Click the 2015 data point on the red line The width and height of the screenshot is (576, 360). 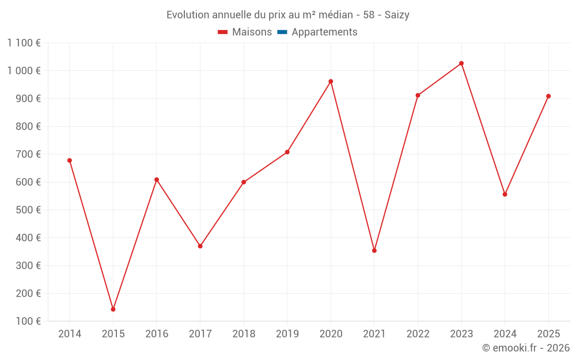[x=113, y=309]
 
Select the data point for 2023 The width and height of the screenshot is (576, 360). [x=461, y=63]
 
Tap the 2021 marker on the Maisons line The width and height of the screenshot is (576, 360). [x=374, y=251]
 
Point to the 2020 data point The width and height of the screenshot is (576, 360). [x=331, y=81]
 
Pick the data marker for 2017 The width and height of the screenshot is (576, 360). [x=200, y=246]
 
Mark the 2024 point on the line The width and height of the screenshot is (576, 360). [x=505, y=194]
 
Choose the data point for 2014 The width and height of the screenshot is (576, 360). [x=70, y=161]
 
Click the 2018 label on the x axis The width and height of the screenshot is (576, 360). [x=244, y=334]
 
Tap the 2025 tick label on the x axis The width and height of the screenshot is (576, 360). [x=548, y=334]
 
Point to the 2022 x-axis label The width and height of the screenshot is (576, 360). [x=418, y=334]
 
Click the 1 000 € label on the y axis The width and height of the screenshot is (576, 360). [x=24, y=71]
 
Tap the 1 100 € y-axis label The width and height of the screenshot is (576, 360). [x=24, y=43]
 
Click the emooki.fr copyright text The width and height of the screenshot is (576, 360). [x=526, y=348]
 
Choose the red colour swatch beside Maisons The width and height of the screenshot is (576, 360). [x=223, y=32]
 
